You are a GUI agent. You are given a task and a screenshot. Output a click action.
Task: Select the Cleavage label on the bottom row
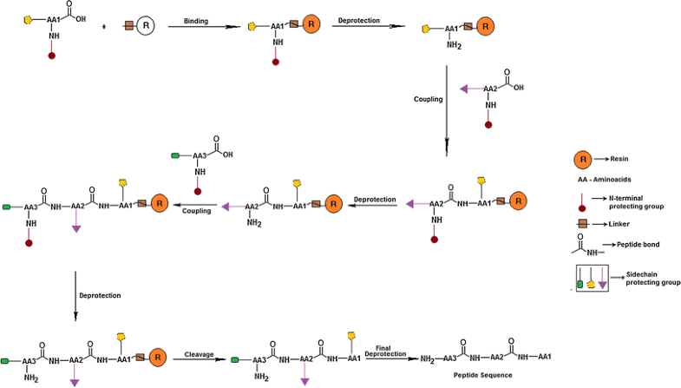[200, 354]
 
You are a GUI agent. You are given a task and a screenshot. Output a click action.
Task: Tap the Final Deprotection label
[383, 350]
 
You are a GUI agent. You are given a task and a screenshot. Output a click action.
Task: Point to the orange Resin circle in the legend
[584, 159]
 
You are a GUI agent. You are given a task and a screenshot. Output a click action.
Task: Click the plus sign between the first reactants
[104, 27]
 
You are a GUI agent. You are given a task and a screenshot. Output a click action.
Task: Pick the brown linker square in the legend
[584, 225]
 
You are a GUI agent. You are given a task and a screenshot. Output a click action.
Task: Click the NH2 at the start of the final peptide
[427, 358]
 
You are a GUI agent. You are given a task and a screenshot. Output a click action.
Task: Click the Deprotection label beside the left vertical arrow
[100, 295]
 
